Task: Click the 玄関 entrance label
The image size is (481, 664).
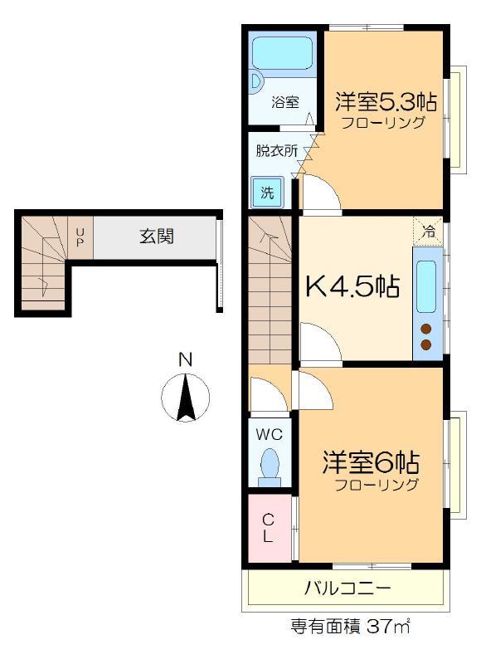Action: point(157,237)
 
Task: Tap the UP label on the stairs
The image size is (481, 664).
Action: point(80,237)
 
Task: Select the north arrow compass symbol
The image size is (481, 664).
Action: point(185,398)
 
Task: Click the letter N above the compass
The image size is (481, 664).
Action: point(185,359)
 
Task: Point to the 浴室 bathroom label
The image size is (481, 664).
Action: point(285,101)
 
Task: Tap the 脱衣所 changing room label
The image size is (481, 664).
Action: point(277,151)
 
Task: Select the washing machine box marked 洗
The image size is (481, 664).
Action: point(267,193)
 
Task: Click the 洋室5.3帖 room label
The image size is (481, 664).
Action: point(386,101)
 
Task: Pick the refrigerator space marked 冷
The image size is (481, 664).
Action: point(428,231)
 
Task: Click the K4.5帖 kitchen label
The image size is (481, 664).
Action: point(352,287)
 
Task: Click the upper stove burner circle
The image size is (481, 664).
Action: point(426,329)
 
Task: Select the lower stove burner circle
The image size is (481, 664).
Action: point(426,344)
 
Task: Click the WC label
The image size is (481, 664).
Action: point(269,434)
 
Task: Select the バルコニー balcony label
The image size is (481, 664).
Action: point(347,588)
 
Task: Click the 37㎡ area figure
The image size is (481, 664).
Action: point(388,627)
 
